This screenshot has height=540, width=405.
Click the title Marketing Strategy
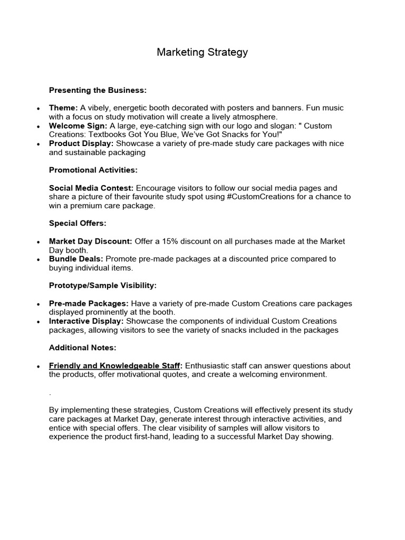coord(202,52)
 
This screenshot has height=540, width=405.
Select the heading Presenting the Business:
coord(98,90)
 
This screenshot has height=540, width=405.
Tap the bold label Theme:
coord(63,108)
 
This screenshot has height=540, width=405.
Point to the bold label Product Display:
coord(81,143)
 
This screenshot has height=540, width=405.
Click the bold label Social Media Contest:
coord(91,188)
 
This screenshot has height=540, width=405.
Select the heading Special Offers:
coord(78,223)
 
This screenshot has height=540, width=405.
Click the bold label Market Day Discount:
coord(91,241)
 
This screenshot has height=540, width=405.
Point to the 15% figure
coord(183,241)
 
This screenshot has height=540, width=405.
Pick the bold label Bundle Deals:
coord(76,259)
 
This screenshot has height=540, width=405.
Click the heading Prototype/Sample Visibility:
coord(103,285)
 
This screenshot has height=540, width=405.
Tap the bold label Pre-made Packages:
coord(89,303)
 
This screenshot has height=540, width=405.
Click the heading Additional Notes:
coord(83,348)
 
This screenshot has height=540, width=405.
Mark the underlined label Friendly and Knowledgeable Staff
coord(115,365)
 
